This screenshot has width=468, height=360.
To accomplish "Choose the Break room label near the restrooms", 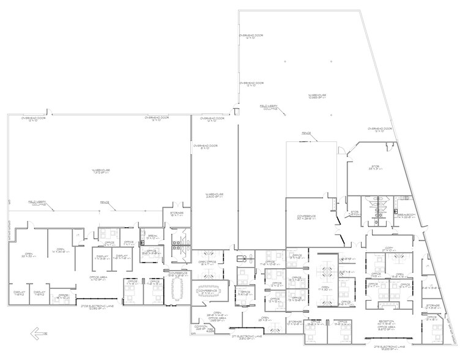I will [x=149, y=236].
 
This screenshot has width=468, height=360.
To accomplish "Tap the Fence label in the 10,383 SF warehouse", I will [x=306, y=133].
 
